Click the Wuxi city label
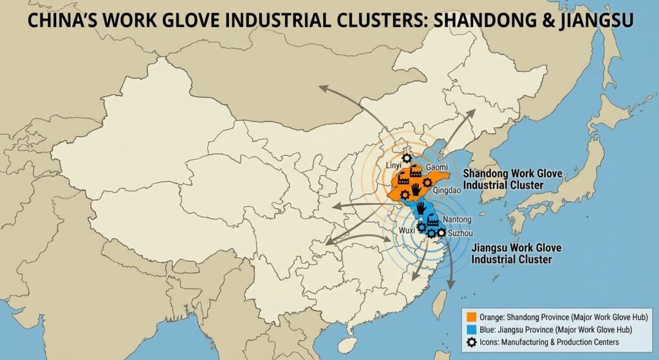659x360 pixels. point(407,229)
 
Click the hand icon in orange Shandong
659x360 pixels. point(417,188)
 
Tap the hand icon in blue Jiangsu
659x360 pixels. point(422,209)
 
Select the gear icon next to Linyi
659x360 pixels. point(406,158)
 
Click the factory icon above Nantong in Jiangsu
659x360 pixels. point(432,221)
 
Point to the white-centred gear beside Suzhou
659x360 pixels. point(441,232)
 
